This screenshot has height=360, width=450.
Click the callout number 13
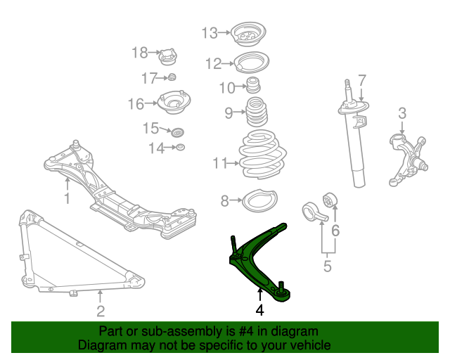(210, 32)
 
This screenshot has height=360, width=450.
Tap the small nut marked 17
(172, 77)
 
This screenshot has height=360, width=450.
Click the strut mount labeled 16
(174, 104)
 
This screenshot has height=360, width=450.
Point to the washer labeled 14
(180, 147)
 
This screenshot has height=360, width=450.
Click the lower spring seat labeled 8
(258, 201)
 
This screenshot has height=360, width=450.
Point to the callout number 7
(361, 79)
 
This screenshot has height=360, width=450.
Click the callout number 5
(327, 266)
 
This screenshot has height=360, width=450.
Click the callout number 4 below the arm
(259, 309)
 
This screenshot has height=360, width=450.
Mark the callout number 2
(101, 311)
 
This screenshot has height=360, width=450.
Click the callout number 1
(67, 199)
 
